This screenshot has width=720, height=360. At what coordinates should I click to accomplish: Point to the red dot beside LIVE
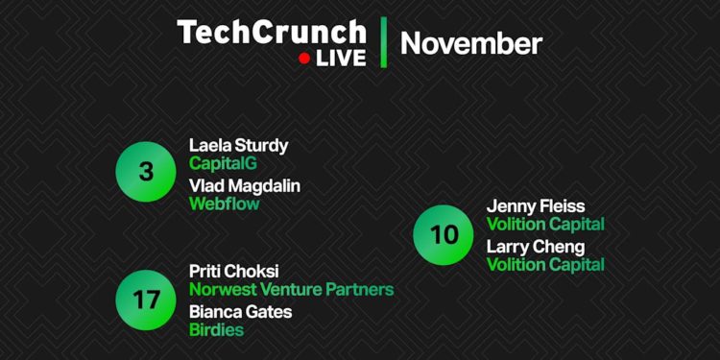(x=304, y=59)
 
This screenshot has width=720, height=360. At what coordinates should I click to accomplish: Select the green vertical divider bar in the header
(x=384, y=42)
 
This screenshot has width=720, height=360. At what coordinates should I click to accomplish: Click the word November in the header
(x=470, y=43)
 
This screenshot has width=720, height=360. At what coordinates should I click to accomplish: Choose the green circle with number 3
(x=145, y=173)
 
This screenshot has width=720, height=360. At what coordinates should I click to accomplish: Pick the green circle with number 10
(x=443, y=234)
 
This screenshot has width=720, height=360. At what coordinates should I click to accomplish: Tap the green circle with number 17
(x=145, y=299)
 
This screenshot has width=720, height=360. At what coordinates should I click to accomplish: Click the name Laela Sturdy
(x=238, y=146)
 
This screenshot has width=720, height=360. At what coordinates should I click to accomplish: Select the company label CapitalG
(x=223, y=164)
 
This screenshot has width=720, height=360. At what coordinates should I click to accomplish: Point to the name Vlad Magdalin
(x=244, y=185)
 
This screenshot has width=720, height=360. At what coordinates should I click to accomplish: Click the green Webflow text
(x=224, y=204)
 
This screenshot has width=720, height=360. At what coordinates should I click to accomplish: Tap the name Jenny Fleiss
(x=535, y=206)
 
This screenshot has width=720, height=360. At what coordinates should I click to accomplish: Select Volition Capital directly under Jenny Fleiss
(x=545, y=225)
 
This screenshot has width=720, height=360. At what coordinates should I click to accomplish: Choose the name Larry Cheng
(x=535, y=247)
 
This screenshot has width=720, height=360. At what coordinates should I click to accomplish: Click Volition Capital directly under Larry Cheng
(x=545, y=265)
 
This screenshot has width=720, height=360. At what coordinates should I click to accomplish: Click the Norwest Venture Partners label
(x=291, y=289)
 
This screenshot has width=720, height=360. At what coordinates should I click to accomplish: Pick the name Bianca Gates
(x=240, y=311)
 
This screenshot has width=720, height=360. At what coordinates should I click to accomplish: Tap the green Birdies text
(x=216, y=330)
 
